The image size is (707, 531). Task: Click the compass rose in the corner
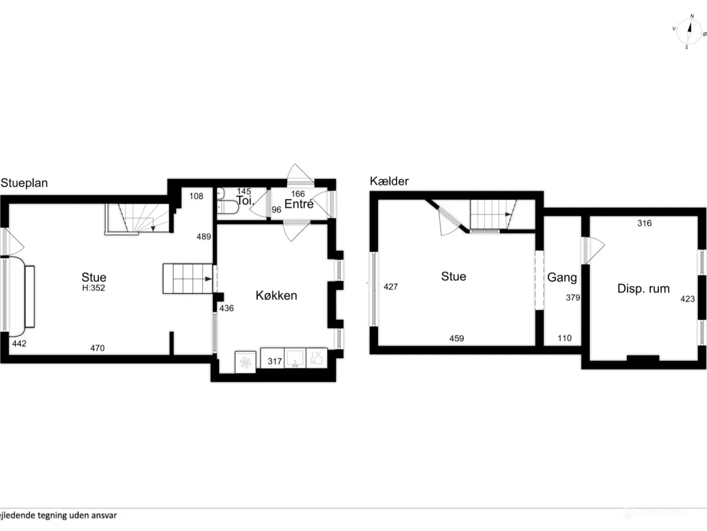coord(689,32)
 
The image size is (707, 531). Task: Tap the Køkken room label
coord(276,295)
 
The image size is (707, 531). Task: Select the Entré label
coord(299,204)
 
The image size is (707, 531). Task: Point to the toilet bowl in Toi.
coord(228,207)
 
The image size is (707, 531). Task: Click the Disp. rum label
coord(643,288)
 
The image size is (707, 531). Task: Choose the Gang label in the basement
coord(562,278)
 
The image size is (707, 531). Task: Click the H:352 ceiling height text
coord(94,288)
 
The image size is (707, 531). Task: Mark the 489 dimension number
coord(204,237)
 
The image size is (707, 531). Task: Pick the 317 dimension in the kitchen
coord(275,361)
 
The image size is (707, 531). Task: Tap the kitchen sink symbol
coord(295,358)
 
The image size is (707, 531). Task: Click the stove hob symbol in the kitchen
coord(245,363)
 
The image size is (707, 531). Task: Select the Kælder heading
coord(389,181)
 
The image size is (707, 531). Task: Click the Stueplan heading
coord(24,183)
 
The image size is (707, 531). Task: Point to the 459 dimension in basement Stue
coord(457,338)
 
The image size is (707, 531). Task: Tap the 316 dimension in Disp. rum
coord(645,223)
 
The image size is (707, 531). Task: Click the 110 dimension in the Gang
coord(564,338)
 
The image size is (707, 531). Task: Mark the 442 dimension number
coord(19,343)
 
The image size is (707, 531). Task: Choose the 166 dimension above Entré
coord(298,194)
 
